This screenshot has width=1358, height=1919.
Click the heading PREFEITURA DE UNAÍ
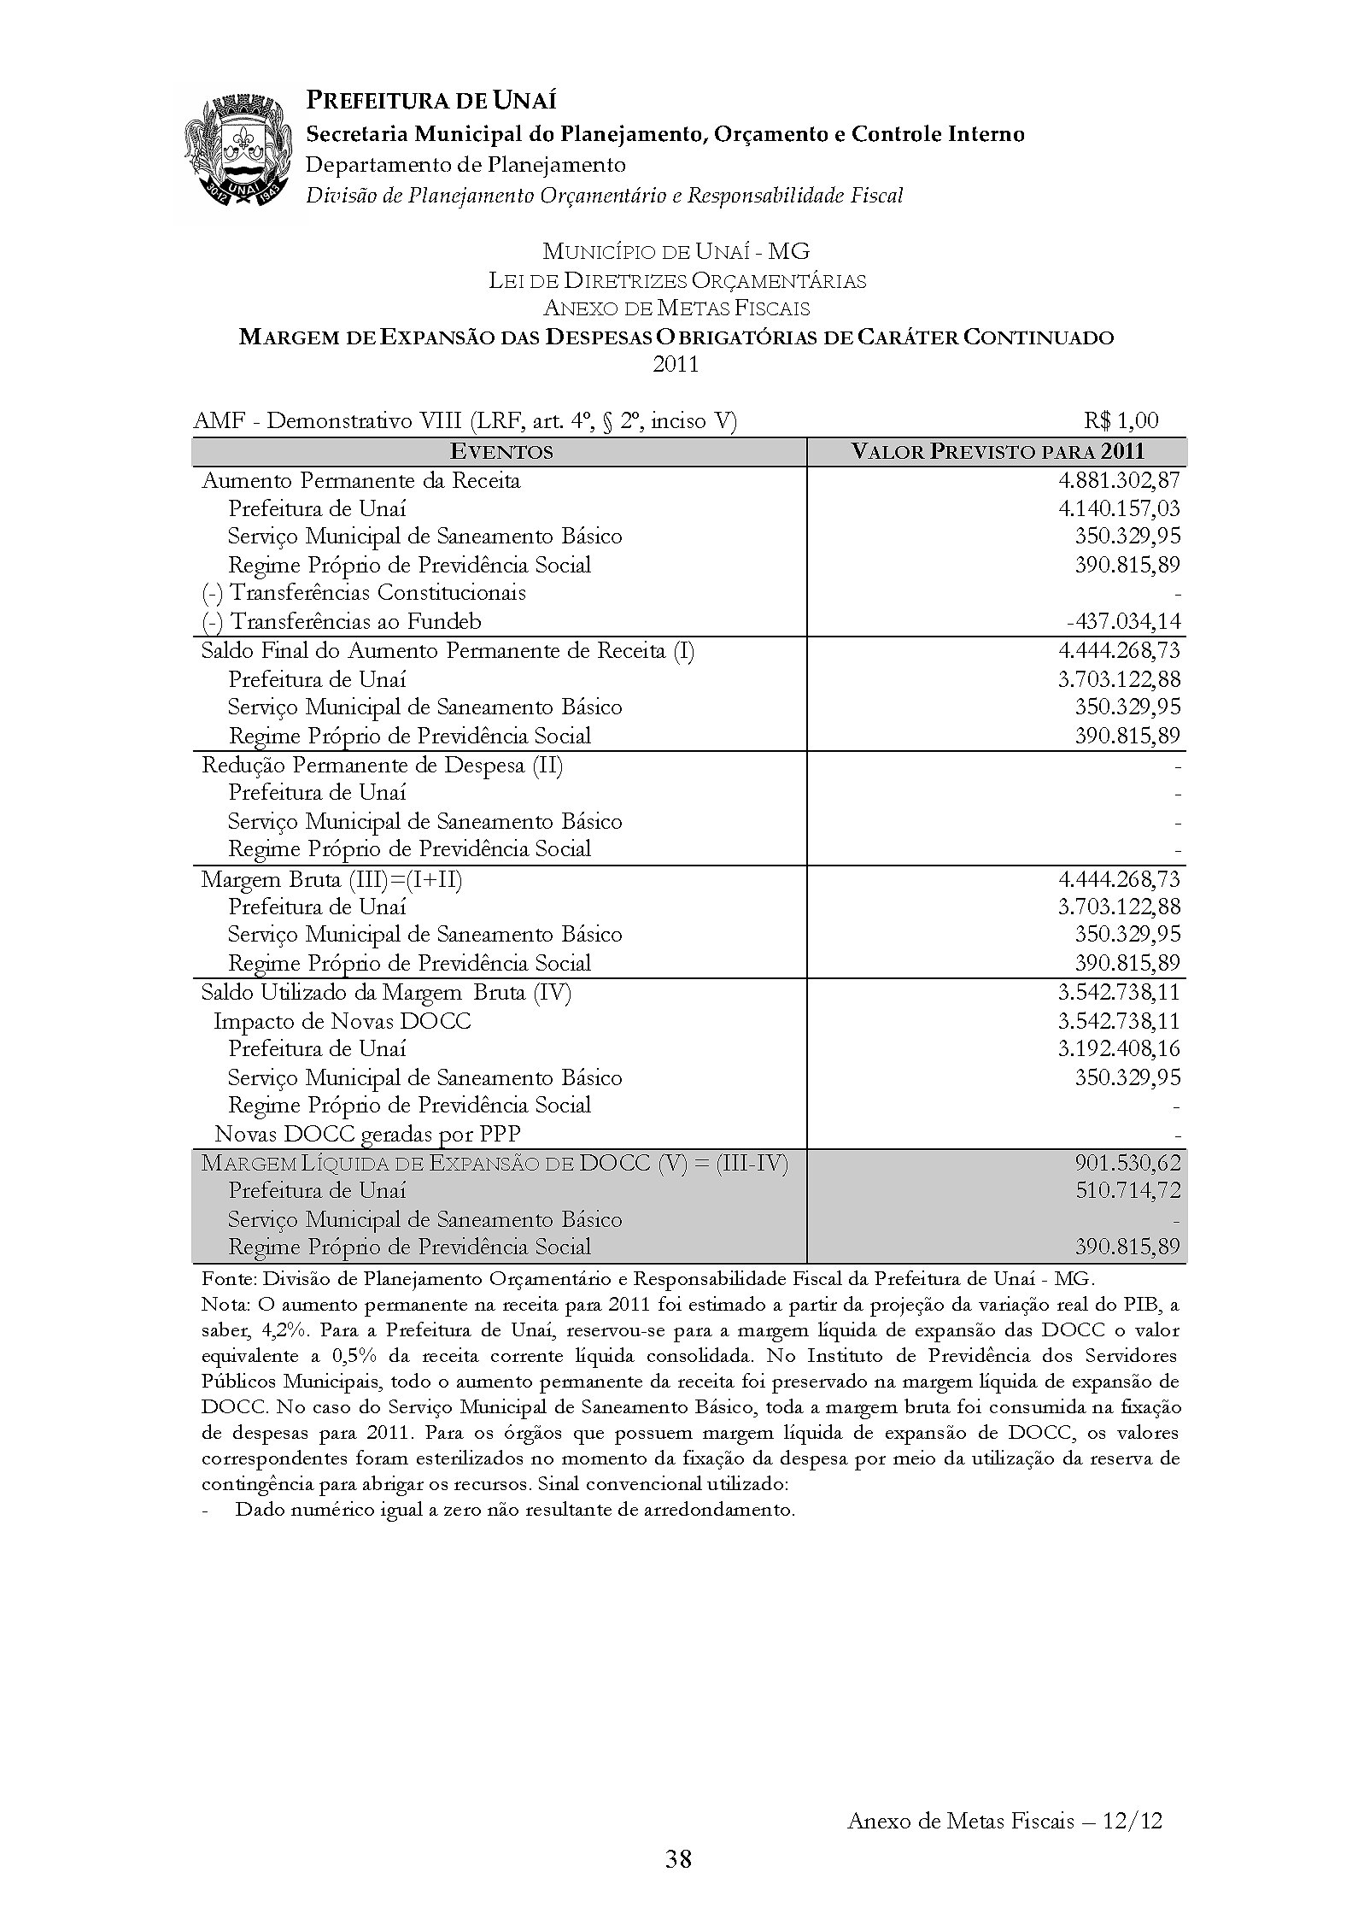(430, 101)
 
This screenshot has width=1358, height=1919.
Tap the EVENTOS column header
(501, 452)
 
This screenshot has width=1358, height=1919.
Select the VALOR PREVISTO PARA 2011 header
(998, 452)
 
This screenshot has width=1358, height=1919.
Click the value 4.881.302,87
(1119, 480)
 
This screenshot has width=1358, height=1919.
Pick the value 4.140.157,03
(1119, 509)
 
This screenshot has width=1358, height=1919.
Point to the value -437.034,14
(1123, 622)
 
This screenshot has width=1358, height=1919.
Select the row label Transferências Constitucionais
(364, 593)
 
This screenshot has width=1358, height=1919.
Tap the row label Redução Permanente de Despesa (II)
(382, 765)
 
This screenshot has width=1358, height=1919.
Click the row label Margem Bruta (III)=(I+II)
(331, 879)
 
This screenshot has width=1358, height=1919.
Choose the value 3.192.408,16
(1119, 1049)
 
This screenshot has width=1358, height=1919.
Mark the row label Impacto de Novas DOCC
(342, 1021)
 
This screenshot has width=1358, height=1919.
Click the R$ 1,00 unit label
(1121, 420)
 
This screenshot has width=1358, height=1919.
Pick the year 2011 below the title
(676, 365)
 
